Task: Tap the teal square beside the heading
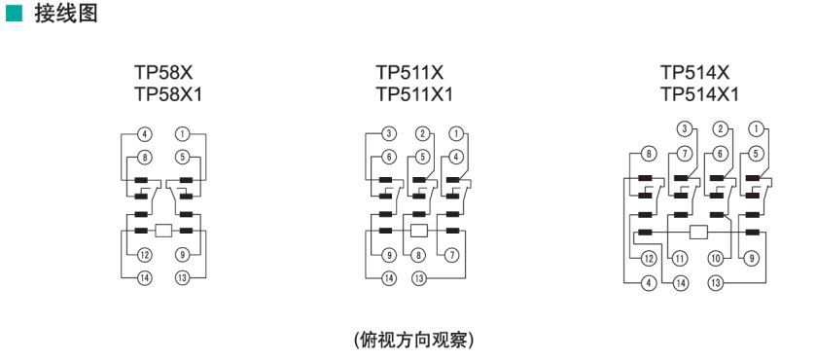pos(13,16)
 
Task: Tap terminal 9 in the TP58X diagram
pos(183,256)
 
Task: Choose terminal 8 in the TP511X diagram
pos(419,256)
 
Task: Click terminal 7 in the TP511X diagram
pos(450,256)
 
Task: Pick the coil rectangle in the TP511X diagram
pos(419,231)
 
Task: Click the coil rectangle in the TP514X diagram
pos(698,232)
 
